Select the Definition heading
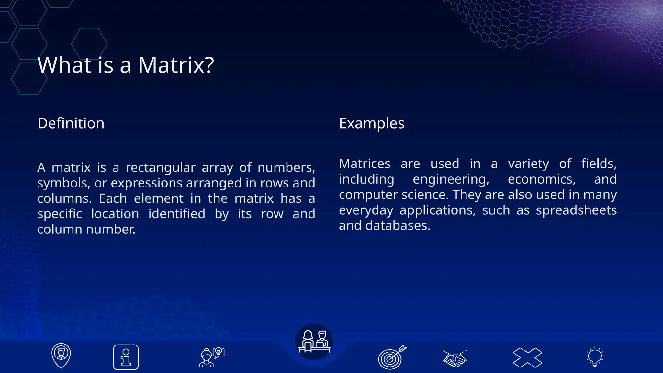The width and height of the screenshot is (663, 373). point(71,123)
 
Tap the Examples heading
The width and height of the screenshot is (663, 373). point(372,123)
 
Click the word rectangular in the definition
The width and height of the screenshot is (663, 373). point(160,168)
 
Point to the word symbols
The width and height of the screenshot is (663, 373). point(63,183)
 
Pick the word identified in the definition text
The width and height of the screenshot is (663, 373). point(177,214)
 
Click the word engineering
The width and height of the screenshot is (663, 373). point(451,179)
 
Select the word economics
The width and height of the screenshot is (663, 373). point(542,179)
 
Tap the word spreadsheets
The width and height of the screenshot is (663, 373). point(576,210)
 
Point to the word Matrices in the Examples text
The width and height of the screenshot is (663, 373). point(365,164)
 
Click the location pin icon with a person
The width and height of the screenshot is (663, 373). point(61,356)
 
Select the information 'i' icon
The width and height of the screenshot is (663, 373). point(126,357)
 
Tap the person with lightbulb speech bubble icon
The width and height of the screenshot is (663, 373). point(212,357)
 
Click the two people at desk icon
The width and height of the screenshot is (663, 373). point(314,342)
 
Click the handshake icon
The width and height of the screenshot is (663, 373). point(455,358)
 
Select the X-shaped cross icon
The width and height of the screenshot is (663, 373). point(527,357)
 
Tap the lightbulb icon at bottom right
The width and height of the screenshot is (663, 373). point(595,356)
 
